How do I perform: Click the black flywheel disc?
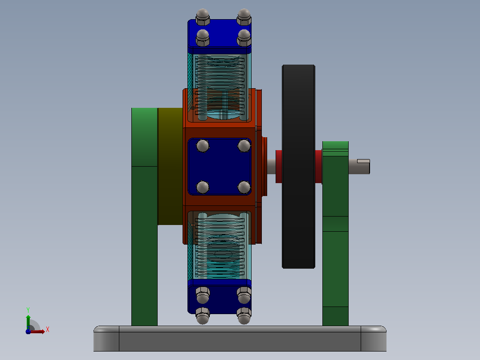[298, 166]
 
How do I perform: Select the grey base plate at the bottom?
[240, 339]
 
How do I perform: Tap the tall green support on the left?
[144, 217]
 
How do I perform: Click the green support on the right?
[335, 233]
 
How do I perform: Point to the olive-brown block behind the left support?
[170, 166]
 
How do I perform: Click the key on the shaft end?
[363, 161]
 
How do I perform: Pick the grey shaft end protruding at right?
[359, 167]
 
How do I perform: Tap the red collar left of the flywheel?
[279, 167]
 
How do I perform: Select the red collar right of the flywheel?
[318, 167]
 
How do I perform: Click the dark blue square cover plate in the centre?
[220, 167]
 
